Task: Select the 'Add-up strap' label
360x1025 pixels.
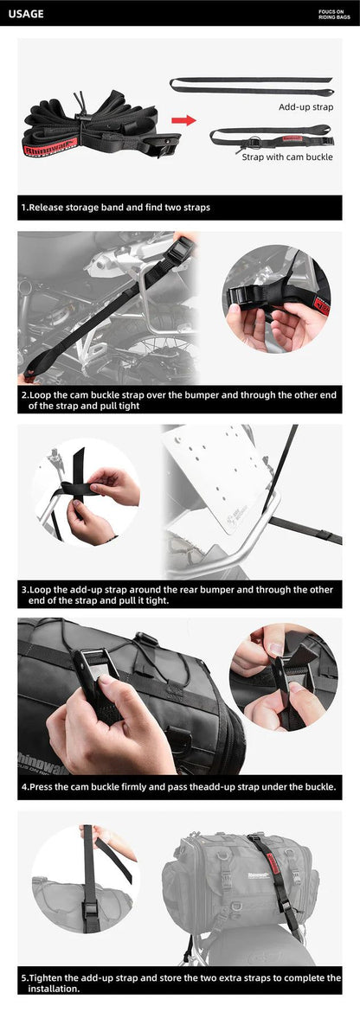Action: tap(305, 106)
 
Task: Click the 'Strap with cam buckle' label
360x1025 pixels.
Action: tap(286, 157)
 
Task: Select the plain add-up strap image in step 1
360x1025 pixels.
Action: tap(251, 84)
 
